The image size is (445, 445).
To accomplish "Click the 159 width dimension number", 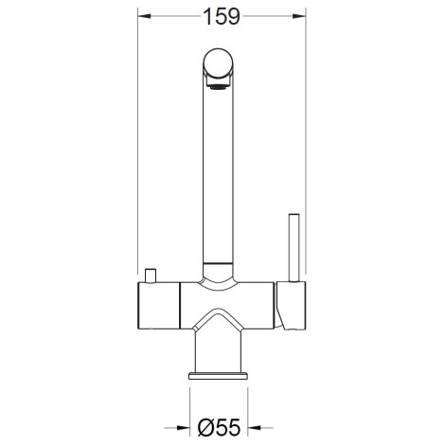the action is [222, 16].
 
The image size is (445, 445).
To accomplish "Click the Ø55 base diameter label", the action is [219, 427].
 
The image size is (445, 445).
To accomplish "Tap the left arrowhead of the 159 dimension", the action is [144, 16].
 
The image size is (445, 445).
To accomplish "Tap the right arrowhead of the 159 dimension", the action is [299, 16].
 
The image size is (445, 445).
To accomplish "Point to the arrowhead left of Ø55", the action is [183, 428].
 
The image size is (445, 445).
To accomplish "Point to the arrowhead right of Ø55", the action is [255, 428].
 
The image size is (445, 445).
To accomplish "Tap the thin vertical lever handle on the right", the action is [294, 247].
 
